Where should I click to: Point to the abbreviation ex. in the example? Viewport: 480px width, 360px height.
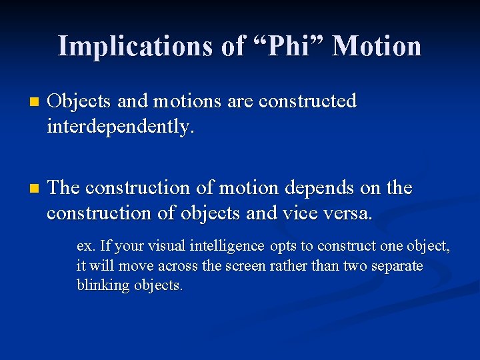pos(85,246)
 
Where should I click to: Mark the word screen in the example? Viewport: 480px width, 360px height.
pos(247,266)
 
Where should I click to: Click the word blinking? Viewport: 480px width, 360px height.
pos(103,285)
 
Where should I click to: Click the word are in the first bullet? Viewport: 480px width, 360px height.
pos(240,101)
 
